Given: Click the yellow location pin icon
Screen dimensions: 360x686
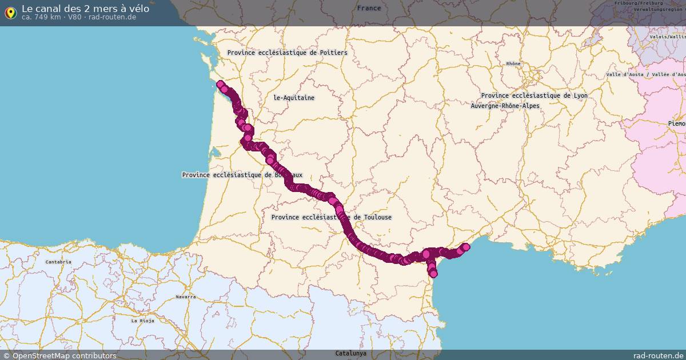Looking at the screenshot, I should click(x=10, y=13).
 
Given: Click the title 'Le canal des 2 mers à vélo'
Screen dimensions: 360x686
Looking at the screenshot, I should click(x=85, y=9).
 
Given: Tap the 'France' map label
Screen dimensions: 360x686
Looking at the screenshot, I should click(x=369, y=8).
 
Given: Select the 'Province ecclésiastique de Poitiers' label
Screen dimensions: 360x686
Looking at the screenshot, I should click(x=287, y=53).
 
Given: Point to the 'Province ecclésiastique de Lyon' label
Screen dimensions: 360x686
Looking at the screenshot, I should click(x=534, y=95).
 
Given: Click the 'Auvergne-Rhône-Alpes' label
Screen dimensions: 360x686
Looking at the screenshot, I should click(x=505, y=106).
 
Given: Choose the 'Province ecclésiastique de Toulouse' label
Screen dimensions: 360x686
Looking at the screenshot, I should click(x=332, y=217).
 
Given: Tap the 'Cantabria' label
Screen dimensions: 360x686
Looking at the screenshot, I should click(x=59, y=262).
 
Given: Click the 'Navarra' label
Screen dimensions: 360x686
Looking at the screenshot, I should click(x=186, y=297).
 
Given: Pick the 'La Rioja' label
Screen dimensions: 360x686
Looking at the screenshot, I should click(x=142, y=321).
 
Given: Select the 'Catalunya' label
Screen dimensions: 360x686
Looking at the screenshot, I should click(x=350, y=353).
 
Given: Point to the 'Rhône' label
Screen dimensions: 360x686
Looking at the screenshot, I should click(x=513, y=63).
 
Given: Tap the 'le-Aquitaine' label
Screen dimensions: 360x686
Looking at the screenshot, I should click(x=294, y=98).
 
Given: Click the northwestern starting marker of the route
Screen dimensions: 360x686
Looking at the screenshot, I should click(x=220, y=84).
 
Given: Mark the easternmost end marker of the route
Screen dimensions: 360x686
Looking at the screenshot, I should click(x=465, y=247).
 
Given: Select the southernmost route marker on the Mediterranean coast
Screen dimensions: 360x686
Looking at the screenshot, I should click(x=433, y=274).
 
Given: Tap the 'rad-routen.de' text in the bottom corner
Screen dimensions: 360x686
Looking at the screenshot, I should click(x=659, y=355).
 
